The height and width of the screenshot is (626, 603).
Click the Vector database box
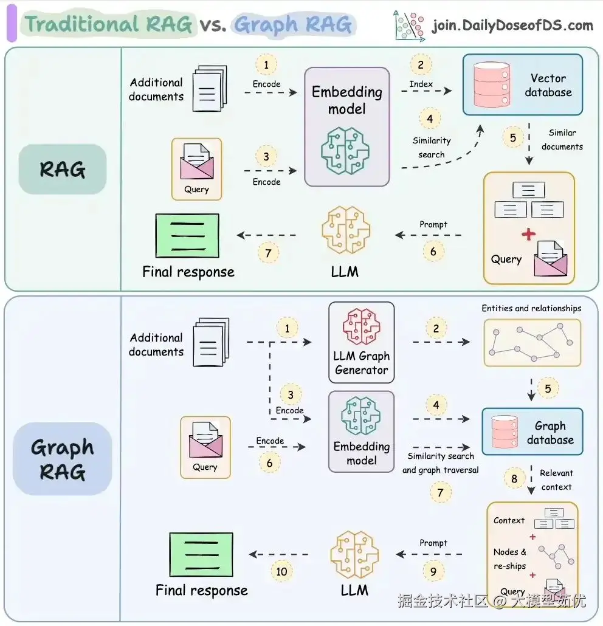(522, 84)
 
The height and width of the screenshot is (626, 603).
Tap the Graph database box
(532, 432)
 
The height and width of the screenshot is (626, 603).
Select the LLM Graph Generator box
(362, 342)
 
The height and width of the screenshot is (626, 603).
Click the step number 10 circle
(281, 571)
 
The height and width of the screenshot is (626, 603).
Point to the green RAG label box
(63, 170)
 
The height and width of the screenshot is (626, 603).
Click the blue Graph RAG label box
(62, 459)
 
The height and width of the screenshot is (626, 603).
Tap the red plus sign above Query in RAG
(528, 234)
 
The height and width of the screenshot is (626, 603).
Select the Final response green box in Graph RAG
(201, 554)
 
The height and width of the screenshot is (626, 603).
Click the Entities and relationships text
(531, 308)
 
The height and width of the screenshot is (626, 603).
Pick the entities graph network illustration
(532, 343)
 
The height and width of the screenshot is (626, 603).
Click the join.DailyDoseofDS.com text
(512, 25)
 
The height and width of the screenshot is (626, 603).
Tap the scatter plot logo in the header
(409, 25)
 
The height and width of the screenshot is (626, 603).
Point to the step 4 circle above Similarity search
(430, 119)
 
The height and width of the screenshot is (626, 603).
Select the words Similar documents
(562, 140)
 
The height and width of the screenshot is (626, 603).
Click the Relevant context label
(556, 480)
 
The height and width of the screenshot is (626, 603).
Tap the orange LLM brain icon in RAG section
(346, 230)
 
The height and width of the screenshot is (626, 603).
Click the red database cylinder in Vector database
(492, 84)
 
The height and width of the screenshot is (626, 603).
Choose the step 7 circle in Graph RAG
(441, 492)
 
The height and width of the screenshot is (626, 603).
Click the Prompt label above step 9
(433, 543)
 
